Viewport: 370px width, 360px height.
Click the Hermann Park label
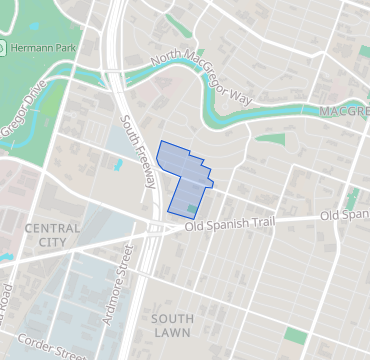[x=45, y=48]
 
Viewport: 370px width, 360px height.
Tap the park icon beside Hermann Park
[x=6, y=48]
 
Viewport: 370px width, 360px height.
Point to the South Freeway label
[x=138, y=151]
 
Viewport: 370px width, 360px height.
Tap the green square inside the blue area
[x=193, y=206]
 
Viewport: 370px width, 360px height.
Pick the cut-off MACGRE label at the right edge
[x=344, y=111]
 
